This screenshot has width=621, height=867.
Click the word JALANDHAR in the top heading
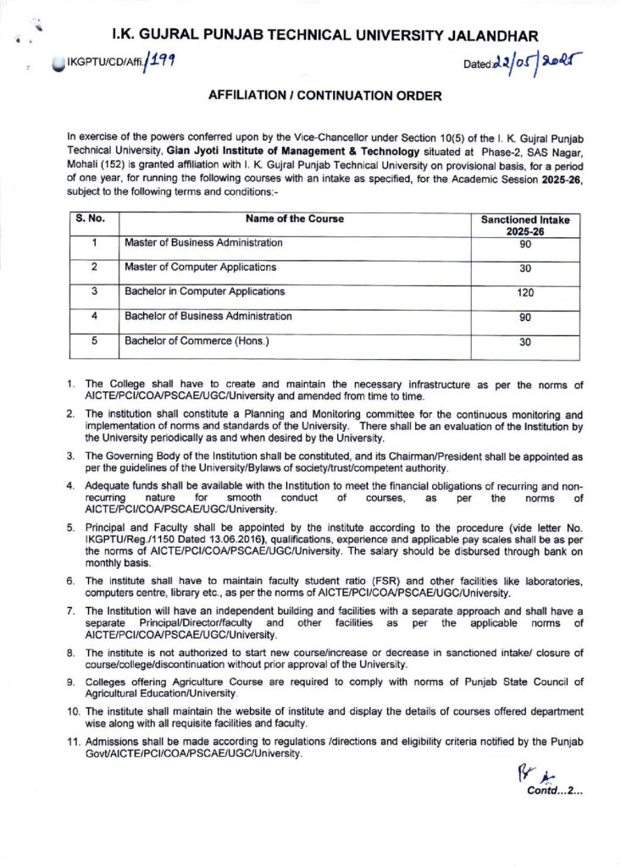(491, 36)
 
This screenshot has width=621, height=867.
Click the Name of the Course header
(294, 218)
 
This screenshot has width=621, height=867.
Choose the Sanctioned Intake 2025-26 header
(525, 224)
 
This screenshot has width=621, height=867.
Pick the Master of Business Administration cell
(203, 243)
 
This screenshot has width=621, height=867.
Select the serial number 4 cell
(94, 317)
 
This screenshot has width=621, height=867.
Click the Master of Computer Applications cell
(200, 268)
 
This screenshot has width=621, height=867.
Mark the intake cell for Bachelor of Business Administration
(525, 319)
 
